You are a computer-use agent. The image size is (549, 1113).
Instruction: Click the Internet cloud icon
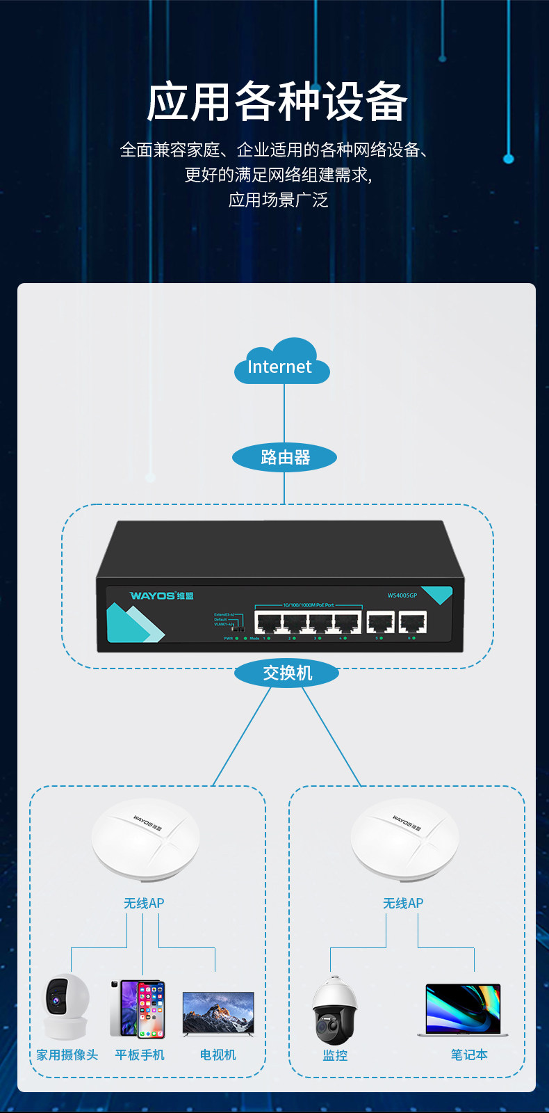[281, 362]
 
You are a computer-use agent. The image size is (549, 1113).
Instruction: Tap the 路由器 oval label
[284, 457]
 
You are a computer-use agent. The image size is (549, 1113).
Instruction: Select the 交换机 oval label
[287, 673]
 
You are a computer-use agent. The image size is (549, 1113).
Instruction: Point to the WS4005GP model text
[402, 595]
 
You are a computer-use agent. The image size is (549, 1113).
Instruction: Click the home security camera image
[66, 1006]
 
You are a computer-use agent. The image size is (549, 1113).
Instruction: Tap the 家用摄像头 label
[67, 1055]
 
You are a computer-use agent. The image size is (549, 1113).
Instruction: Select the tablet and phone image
[138, 1009]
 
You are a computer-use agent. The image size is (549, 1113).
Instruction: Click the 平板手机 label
[140, 1055]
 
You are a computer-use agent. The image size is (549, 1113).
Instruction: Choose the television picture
[218, 1013]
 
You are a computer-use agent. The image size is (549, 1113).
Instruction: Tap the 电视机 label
[218, 1055]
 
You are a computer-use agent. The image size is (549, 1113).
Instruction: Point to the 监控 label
[335, 1055]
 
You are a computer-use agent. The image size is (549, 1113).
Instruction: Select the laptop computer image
[463, 1010]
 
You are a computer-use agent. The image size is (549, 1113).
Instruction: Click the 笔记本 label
[469, 1055]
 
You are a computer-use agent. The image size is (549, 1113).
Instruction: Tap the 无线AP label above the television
[144, 903]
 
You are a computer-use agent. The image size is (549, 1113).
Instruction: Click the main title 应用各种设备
[277, 102]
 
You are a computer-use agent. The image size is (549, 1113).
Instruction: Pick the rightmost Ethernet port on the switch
[413, 622]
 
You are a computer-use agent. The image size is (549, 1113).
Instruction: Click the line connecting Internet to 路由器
[284, 413]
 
